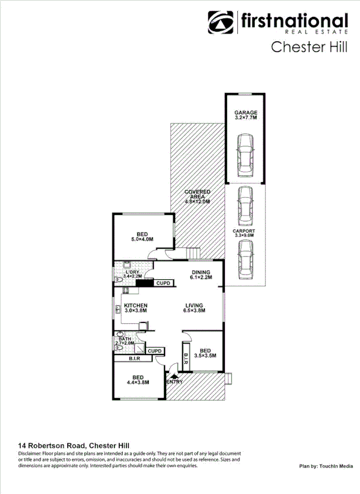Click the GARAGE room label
pyautogui.click(x=246, y=113)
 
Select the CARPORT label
pyautogui.click(x=244, y=231)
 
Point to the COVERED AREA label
pyautogui.click(x=197, y=192)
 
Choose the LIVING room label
pyautogui.click(x=194, y=305)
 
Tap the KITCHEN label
pyautogui.click(x=135, y=305)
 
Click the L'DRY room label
pyautogui.click(x=133, y=273)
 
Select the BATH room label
pyautogui.click(x=125, y=338)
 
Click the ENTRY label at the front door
pyautogui.click(x=175, y=382)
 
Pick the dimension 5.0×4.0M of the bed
pyautogui.click(x=142, y=240)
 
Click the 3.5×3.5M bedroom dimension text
pyautogui.click(x=205, y=355)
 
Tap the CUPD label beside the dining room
pyautogui.click(x=163, y=283)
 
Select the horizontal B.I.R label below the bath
pyautogui.click(x=134, y=359)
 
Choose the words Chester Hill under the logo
pyautogui.click(x=306, y=47)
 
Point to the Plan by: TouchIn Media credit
pyautogui.click(x=326, y=466)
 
